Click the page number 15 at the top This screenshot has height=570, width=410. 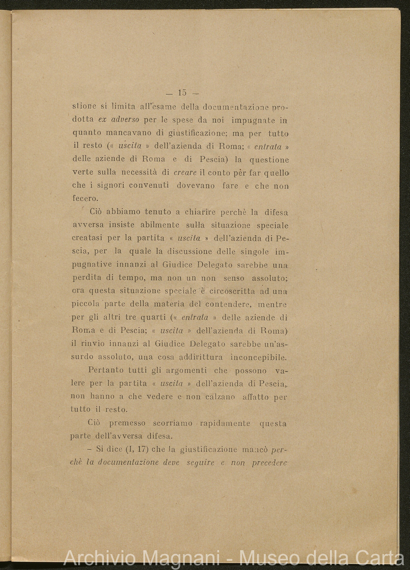point(182,93)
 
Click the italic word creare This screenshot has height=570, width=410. point(185,172)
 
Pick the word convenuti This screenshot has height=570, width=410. point(145,185)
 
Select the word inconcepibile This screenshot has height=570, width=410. point(259,357)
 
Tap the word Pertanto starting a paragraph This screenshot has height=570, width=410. point(107,370)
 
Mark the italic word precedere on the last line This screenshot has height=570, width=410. point(270,463)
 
